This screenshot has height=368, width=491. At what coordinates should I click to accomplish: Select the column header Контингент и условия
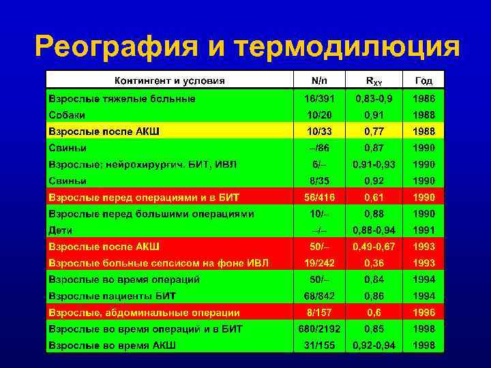pos(169,80)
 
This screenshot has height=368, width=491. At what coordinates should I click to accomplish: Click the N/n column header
pos(319,80)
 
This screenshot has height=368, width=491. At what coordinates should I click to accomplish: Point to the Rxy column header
pos(374,80)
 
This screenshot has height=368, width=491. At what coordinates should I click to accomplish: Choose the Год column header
pos(423,80)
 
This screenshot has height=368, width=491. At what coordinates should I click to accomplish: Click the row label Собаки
pos(68,114)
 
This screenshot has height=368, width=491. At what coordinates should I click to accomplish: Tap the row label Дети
pos(60,230)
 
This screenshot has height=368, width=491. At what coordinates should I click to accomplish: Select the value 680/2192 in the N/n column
pos(319,329)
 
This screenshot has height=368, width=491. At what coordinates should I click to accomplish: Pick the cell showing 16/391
pos(319,98)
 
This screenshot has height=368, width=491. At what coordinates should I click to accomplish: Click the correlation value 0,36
pos(374,263)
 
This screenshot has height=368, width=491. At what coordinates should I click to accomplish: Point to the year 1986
pos(423,98)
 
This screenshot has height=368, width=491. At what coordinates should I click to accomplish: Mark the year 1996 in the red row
pos(423,313)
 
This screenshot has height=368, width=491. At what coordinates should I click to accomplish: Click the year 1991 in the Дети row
pos(423,230)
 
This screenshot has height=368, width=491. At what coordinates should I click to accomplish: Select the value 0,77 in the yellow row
pos(374,131)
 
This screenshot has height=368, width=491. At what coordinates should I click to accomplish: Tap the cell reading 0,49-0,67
pos(374,247)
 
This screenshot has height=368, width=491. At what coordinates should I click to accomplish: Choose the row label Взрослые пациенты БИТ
pos(112,296)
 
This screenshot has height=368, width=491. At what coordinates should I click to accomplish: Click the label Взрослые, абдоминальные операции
pos(143,313)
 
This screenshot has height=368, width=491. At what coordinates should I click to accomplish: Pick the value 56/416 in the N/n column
pos(319,197)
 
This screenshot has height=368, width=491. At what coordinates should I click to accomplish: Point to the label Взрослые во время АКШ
pos(112,346)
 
